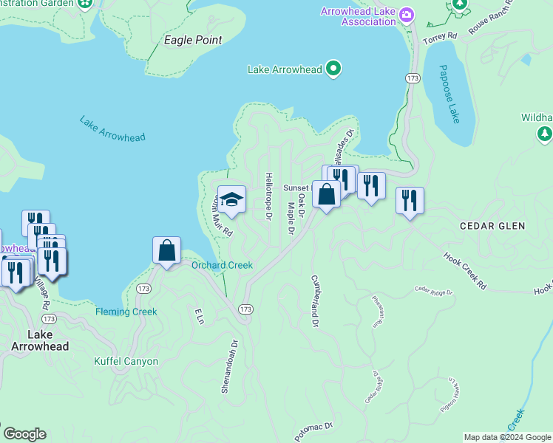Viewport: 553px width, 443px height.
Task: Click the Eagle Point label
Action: point(192,40)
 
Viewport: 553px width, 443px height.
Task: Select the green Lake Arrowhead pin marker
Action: point(333,69)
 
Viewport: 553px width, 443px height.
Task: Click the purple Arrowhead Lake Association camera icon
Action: point(406,15)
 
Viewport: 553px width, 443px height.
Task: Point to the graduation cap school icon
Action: point(231,199)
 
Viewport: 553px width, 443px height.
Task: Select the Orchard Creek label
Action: point(222,266)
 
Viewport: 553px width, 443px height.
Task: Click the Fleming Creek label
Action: point(126,312)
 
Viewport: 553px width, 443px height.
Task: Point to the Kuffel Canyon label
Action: point(126,361)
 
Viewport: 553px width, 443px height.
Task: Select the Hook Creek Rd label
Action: point(465,270)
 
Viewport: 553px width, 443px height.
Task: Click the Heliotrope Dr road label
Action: point(268,197)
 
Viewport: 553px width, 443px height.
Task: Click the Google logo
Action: point(24,434)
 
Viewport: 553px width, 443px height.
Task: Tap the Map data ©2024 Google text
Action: point(507,437)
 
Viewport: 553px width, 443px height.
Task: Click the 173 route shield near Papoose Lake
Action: point(413,78)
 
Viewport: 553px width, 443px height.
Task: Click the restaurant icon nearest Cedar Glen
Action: point(410,200)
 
